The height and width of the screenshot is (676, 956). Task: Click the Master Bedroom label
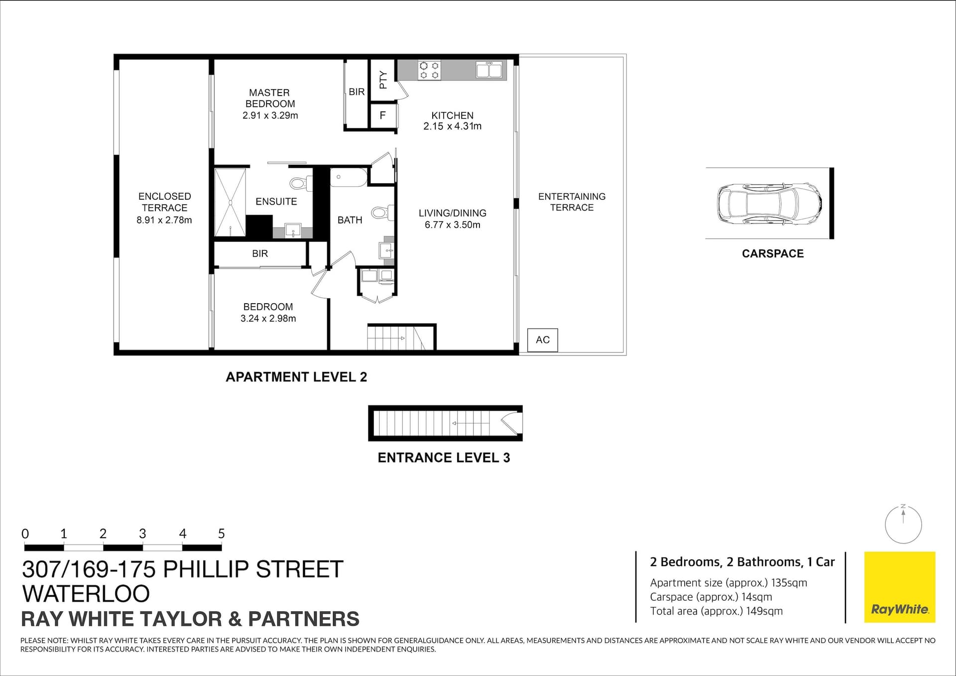point(270,99)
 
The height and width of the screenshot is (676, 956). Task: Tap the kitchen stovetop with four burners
point(429,70)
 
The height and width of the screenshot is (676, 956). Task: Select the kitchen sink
point(489,70)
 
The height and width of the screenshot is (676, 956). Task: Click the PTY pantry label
point(383,80)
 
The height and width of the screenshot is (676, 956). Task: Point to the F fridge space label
point(383,115)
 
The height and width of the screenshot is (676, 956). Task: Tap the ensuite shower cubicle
point(230,203)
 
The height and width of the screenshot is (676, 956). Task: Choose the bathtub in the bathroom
point(349,178)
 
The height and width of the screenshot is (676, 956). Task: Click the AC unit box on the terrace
point(543,340)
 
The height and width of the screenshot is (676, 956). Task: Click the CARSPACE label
point(773,254)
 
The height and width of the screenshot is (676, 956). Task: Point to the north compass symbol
point(903,524)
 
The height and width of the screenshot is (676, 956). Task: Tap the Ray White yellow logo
point(900,587)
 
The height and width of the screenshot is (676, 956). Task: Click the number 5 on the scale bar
point(222,534)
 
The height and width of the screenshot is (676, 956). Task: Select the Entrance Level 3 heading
point(444,458)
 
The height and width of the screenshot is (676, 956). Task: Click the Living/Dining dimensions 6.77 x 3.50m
point(453,225)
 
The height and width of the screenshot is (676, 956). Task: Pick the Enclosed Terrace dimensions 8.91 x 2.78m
point(164,220)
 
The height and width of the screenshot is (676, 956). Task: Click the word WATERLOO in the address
point(86,593)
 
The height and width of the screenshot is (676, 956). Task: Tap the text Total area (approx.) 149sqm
point(717,611)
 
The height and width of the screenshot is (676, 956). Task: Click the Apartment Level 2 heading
point(296,377)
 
